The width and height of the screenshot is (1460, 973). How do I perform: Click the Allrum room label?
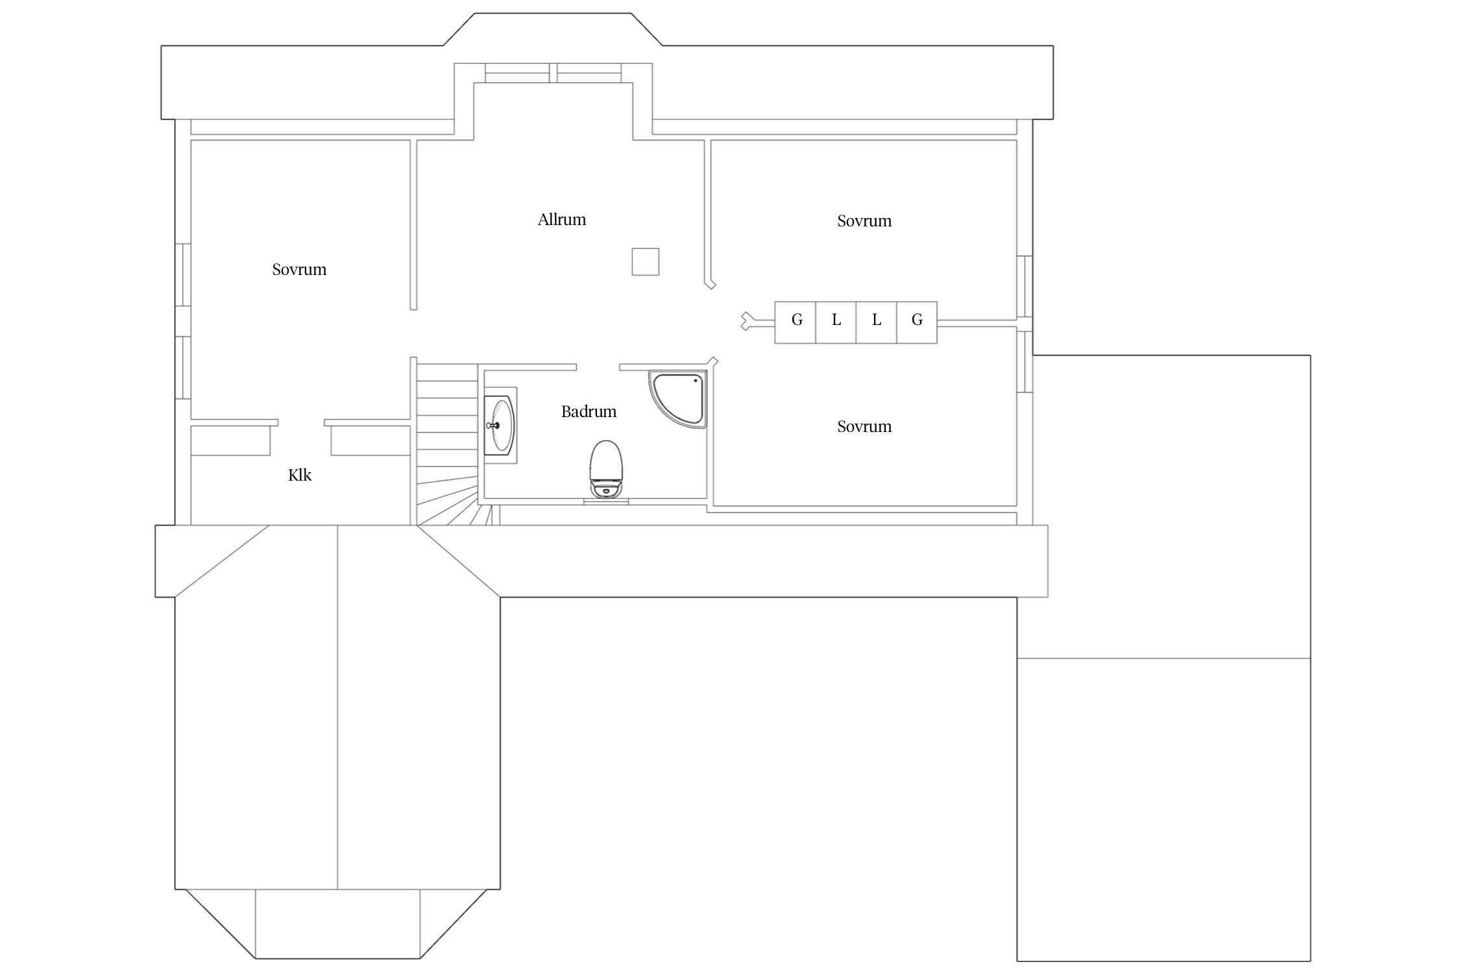click(561, 220)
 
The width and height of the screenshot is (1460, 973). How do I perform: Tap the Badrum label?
click(589, 411)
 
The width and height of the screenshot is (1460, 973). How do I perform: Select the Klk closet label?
click(300, 475)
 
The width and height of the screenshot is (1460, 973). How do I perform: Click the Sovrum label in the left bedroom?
click(299, 269)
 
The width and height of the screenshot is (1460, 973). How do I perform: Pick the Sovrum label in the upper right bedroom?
click(864, 221)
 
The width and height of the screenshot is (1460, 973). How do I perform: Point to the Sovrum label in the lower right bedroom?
click(864, 427)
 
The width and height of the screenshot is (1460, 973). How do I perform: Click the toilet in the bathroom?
click(606, 469)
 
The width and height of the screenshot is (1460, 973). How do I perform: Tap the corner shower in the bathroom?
click(677, 400)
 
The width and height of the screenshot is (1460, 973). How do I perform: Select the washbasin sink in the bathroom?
click(500, 426)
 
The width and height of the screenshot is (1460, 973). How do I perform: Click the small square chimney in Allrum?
click(646, 261)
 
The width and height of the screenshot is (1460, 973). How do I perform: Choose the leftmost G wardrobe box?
click(796, 322)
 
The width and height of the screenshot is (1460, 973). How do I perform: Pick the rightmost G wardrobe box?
click(917, 322)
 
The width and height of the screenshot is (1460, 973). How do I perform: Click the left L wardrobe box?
click(836, 322)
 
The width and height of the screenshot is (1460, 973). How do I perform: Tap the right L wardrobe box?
click(877, 322)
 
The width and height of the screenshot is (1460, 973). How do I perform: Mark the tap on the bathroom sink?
click(493, 426)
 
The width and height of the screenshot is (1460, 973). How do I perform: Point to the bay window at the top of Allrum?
click(553, 73)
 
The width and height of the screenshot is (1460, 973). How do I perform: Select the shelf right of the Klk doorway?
click(368, 438)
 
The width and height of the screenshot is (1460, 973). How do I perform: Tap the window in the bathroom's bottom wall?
click(606, 501)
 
